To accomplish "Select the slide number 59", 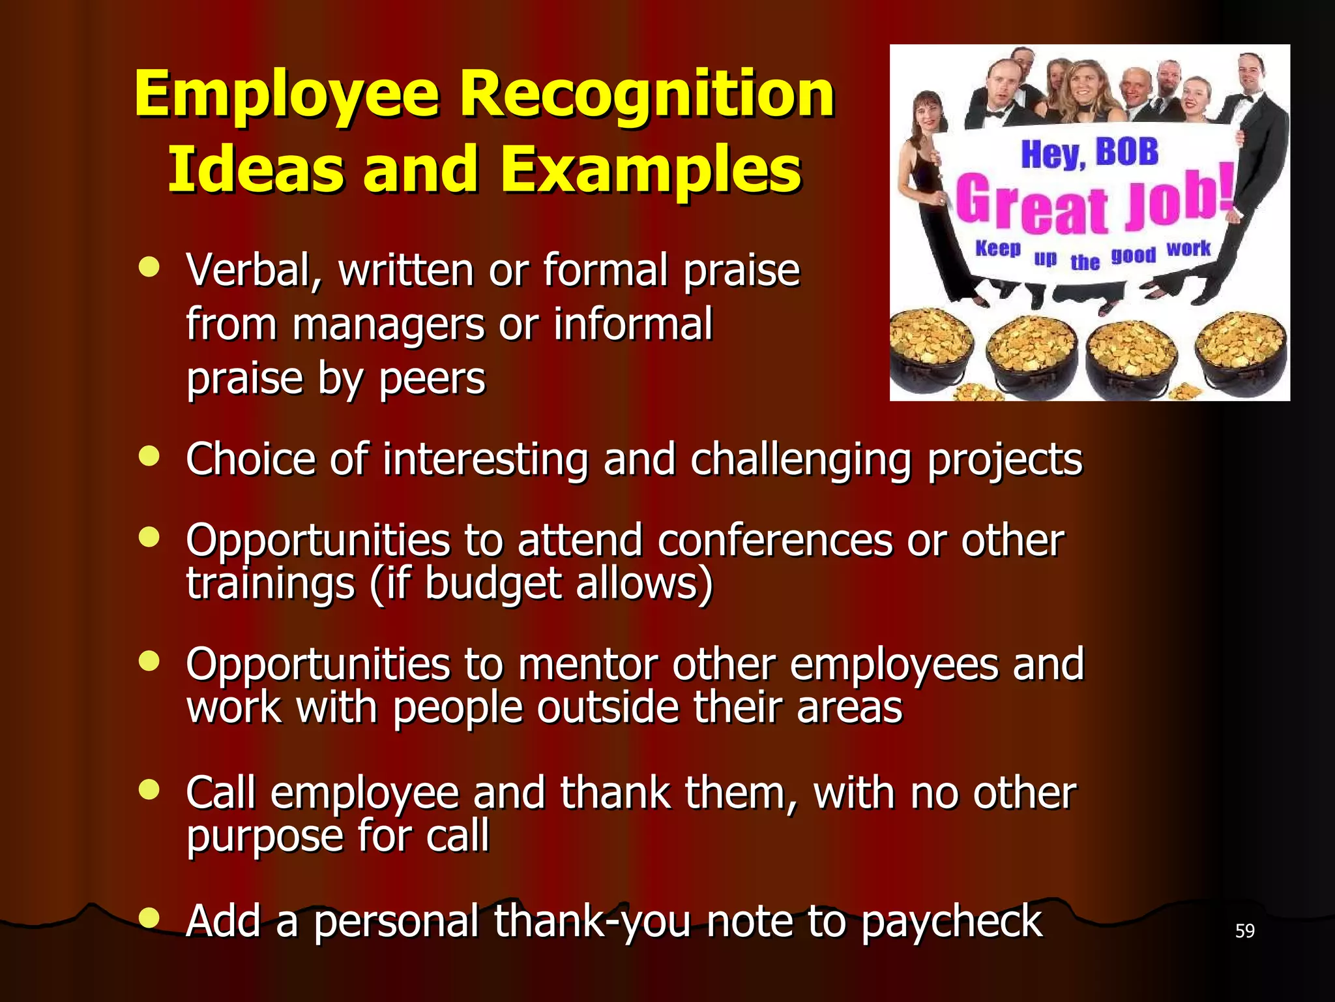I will click(1244, 931).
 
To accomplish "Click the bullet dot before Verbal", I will click(149, 268).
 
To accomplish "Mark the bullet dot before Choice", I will click(149, 457).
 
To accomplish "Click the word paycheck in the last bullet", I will click(951, 921).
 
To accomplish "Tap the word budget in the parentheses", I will click(492, 584).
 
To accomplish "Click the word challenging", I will click(801, 460).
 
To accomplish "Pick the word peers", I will click(432, 379).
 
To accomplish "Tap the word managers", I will click(388, 324).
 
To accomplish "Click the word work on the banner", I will click(1188, 249).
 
